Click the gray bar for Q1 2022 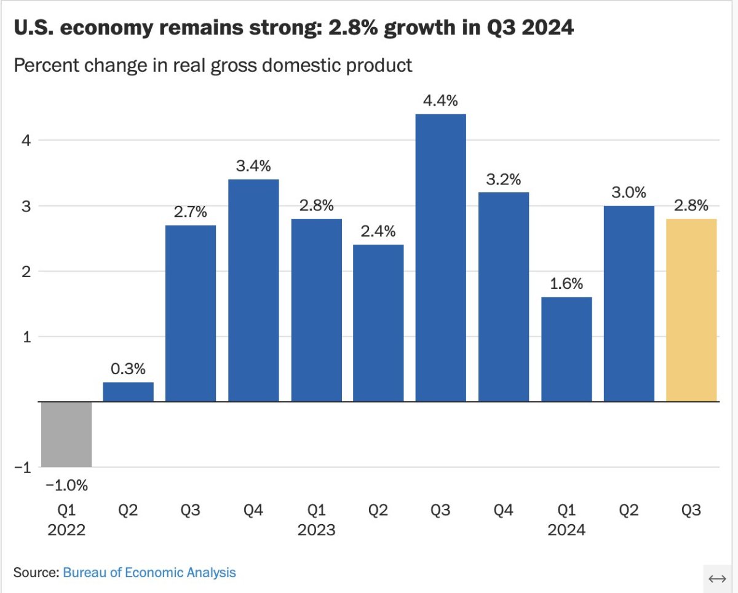click(x=66, y=434)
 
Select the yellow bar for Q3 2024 click(x=691, y=310)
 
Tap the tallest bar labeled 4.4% click(x=440, y=257)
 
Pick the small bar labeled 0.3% click(x=128, y=392)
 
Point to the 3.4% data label click(x=253, y=166)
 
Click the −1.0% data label click(x=66, y=485)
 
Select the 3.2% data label click(x=504, y=179)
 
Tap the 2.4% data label click(x=378, y=232)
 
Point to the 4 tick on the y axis click(x=26, y=140)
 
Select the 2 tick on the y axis click(x=26, y=271)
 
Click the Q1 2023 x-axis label click(x=316, y=520)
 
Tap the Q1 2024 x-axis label click(x=566, y=520)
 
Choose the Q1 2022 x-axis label click(x=66, y=520)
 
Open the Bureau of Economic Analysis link click(x=149, y=573)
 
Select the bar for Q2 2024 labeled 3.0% click(x=629, y=304)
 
